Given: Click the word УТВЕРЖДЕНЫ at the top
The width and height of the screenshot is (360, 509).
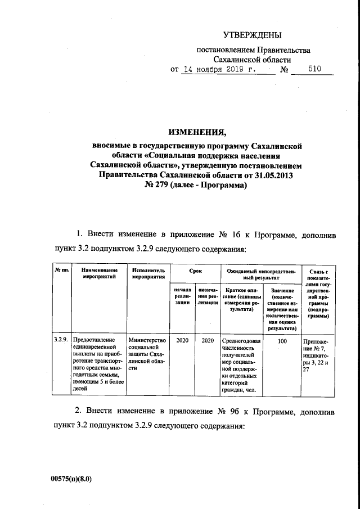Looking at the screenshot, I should click(x=251, y=35).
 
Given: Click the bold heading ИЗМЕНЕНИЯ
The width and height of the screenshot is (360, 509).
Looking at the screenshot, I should click(x=196, y=133).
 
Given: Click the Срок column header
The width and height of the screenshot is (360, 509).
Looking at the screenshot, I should click(x=195, y=271).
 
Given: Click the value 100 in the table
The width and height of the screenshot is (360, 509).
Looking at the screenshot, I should click(x=282, y=341).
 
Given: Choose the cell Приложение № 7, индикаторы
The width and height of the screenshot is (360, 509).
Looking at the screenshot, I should click(x=317, y=353).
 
